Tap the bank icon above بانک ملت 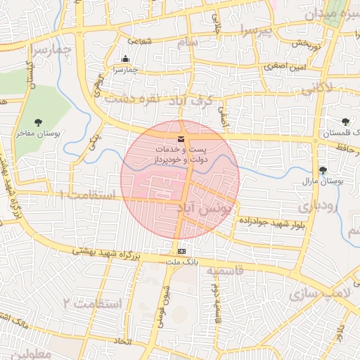pyautogui.click(x=182, y=251)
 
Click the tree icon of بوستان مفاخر pyautogui.click(x=38, y=122)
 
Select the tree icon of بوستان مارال pyautogui.click(x=323, y=170)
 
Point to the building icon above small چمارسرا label pyautogui.click(x=125, y=59)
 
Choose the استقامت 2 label pyautogui.click(x=92, y=303)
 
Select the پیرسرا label pyautogui.click(x=252, y=30)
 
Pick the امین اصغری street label pyautogui.click(x=283, y=67)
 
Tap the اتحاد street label pyautogui.click(x=124, y=340)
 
